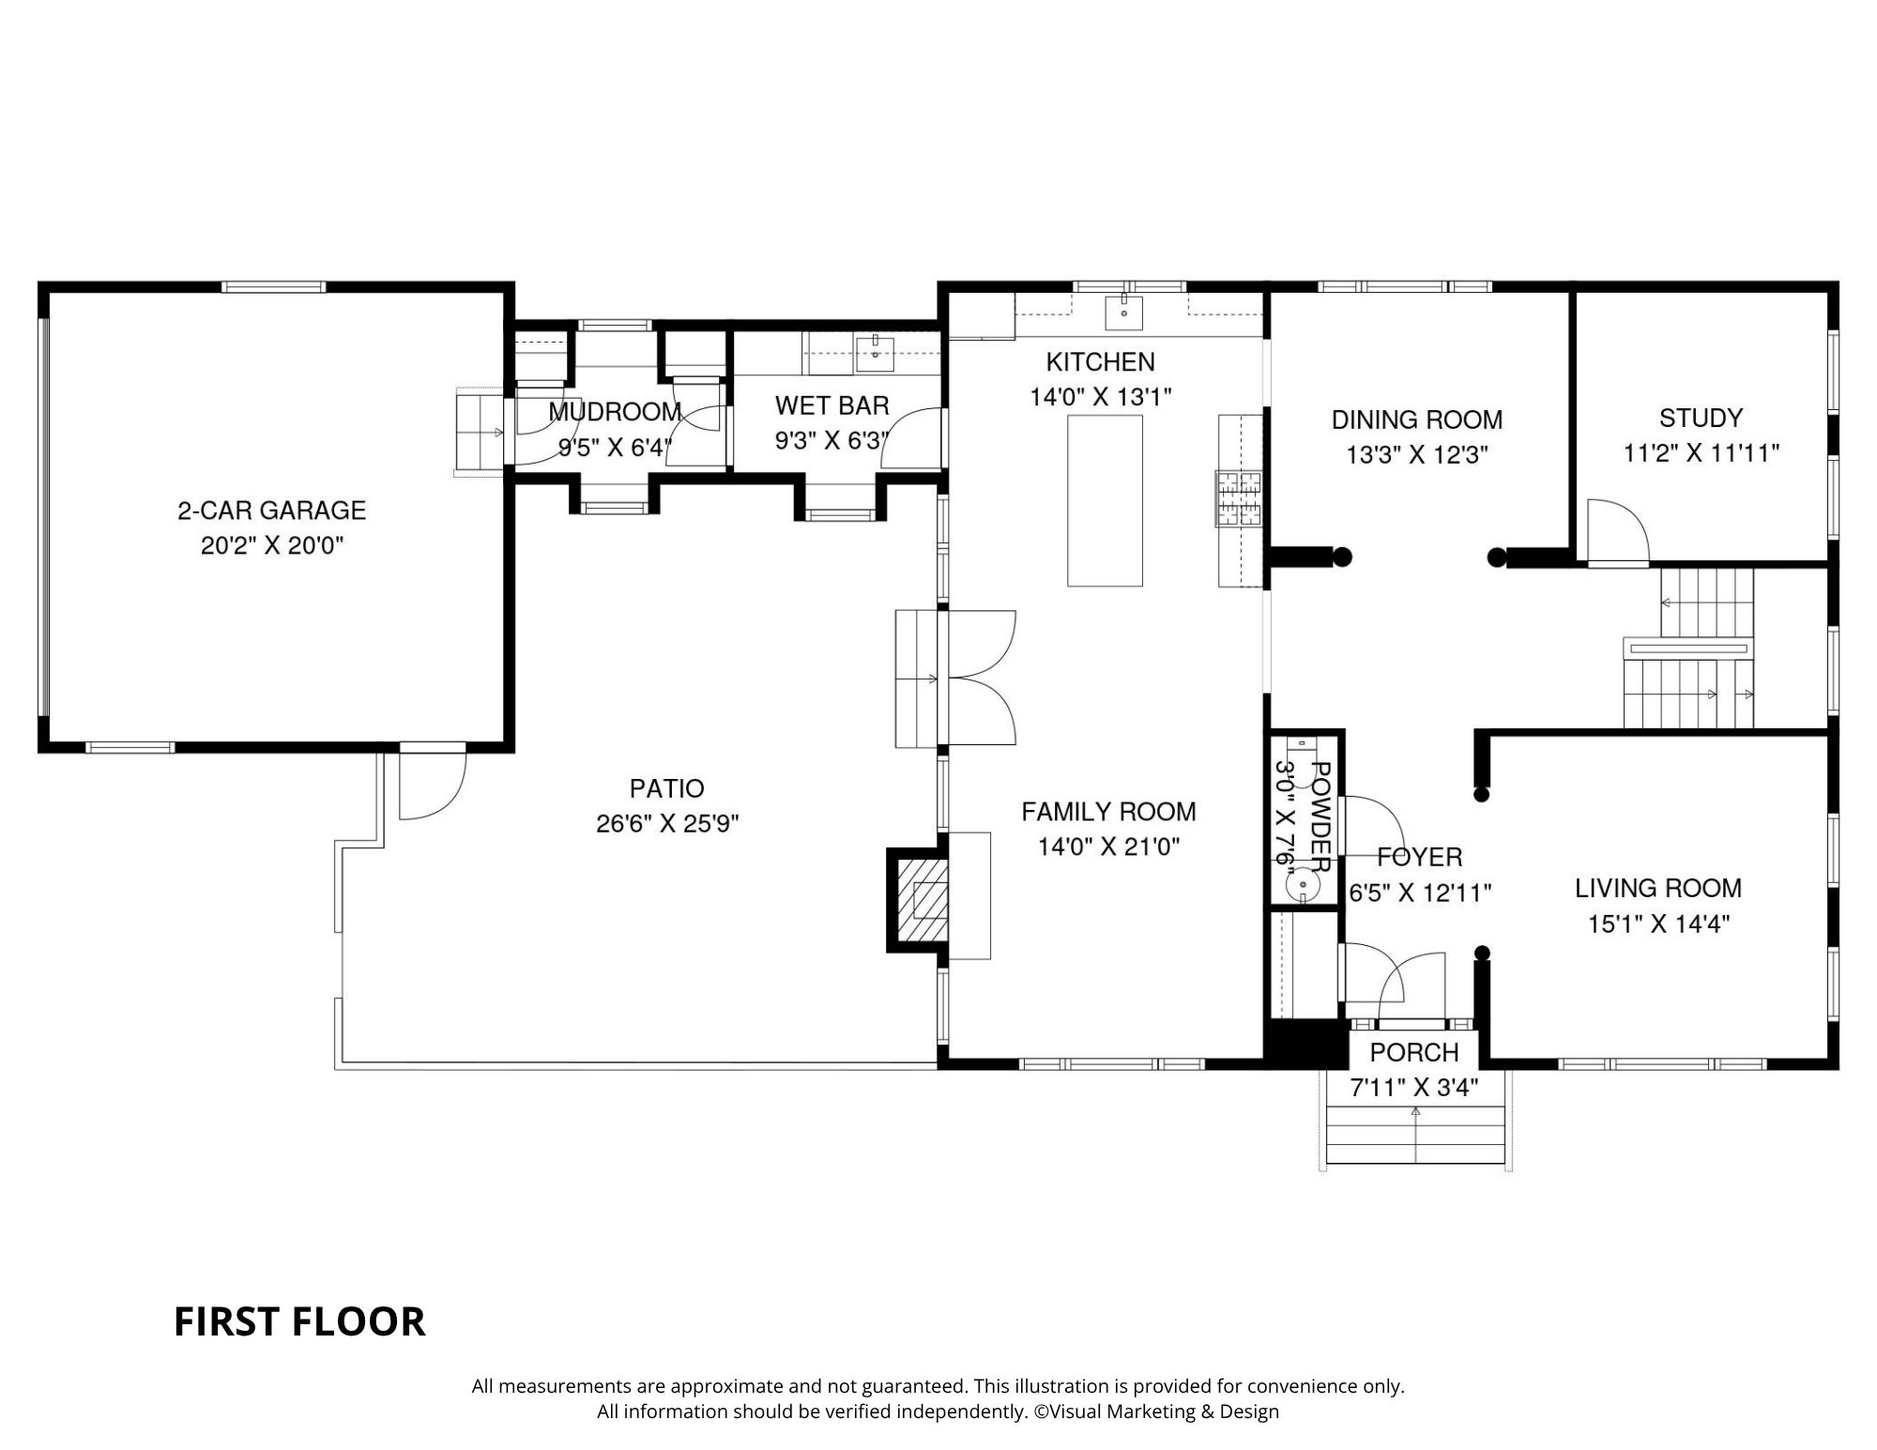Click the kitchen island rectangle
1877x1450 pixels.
tap(1105, 500)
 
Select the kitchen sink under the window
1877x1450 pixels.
tap(1124, 313)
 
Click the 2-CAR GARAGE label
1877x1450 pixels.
tap(272, 511)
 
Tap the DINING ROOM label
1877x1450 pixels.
tap(1417, 420)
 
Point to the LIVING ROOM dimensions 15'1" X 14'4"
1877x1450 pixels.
tap(1658, 923)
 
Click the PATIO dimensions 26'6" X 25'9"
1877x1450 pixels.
tap(667, 824)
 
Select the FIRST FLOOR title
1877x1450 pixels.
tap(299, 1321)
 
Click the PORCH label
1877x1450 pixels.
tap(1414, 1052)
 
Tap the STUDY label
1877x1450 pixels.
tap(1701, 418)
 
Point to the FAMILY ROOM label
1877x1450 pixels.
tap(1108, 811)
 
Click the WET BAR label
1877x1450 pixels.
tap(832, 405)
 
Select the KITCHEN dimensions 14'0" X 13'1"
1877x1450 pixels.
tap(1101, 397)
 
